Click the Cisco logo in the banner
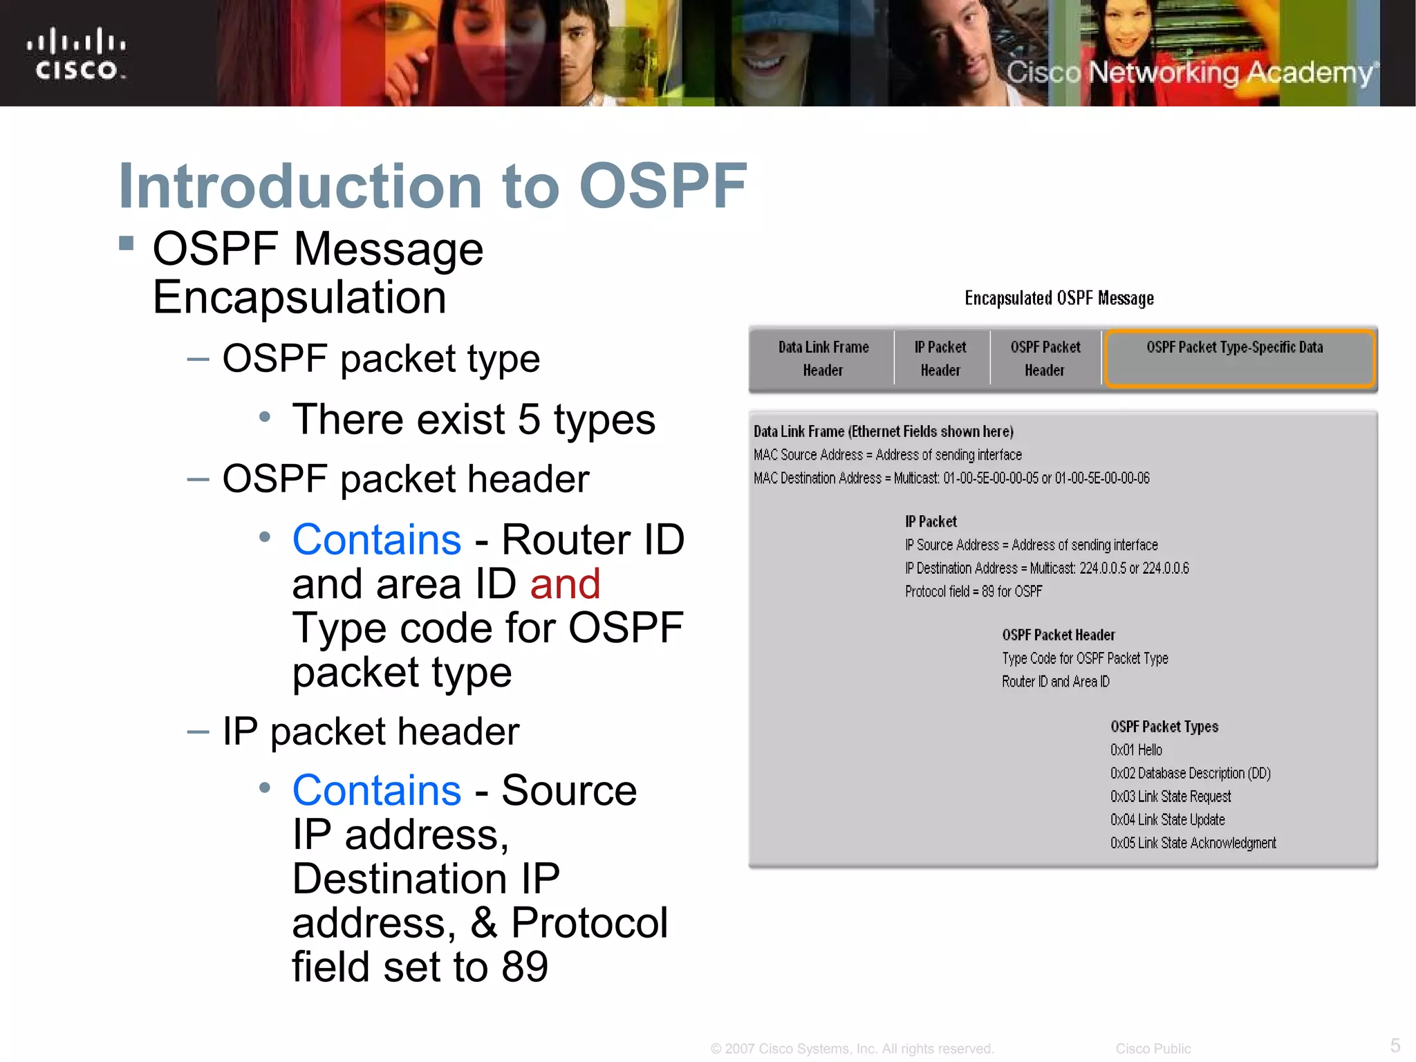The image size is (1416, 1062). point(76,54)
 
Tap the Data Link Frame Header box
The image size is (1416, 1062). point(823,358)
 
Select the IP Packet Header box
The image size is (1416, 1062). point(940,358)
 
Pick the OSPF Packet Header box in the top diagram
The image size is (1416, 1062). point(1045,358)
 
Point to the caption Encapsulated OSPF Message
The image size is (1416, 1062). point(1059,298)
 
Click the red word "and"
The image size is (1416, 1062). point(565,584)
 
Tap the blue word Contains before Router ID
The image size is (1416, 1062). point(376,539)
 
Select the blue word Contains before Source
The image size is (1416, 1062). point(376,790)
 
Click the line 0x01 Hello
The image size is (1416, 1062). point(1136,750)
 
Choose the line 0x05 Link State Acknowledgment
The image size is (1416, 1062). point(1193,843)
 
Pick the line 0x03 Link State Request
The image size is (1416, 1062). point(1171,796)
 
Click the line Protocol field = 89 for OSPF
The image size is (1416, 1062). point(973,591)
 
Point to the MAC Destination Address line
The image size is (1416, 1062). point(951,478)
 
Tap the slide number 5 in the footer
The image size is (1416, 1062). point(1395,1045)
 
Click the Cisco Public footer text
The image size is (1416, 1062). point(1153,1049)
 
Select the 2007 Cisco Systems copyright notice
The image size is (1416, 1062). point(852,1049)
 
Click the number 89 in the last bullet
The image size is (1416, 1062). point(525,967)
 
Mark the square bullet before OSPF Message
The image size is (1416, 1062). point(126,243)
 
